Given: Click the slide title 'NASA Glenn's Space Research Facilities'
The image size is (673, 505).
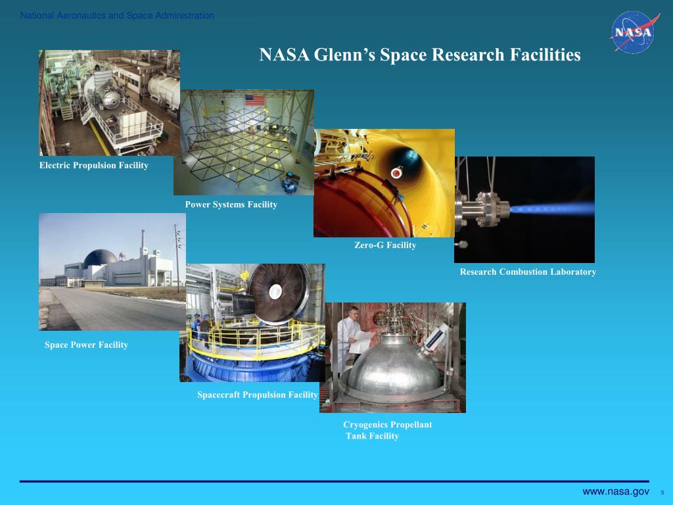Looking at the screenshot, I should pos(420,55).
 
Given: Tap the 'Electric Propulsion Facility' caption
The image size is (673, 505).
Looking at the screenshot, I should pos(93,166).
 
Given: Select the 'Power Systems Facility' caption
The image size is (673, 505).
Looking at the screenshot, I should pos(231,205).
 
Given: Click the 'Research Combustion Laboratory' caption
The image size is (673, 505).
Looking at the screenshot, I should pos(528,272).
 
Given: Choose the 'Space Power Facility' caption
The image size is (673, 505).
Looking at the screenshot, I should pos(86,345).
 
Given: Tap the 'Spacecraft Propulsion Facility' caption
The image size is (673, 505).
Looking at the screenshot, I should pos(258,395).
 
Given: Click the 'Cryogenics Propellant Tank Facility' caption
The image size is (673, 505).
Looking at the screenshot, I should pos(387,430).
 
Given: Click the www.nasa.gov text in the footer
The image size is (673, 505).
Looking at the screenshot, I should pos(616,492).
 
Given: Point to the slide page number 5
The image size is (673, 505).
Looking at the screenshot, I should pos(662,493).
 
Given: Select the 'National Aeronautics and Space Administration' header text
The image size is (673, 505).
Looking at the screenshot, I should pos(117,16).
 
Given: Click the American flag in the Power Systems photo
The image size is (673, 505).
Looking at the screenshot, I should pos(255,100).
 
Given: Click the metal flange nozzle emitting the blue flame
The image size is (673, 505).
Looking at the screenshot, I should pos(483,209).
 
